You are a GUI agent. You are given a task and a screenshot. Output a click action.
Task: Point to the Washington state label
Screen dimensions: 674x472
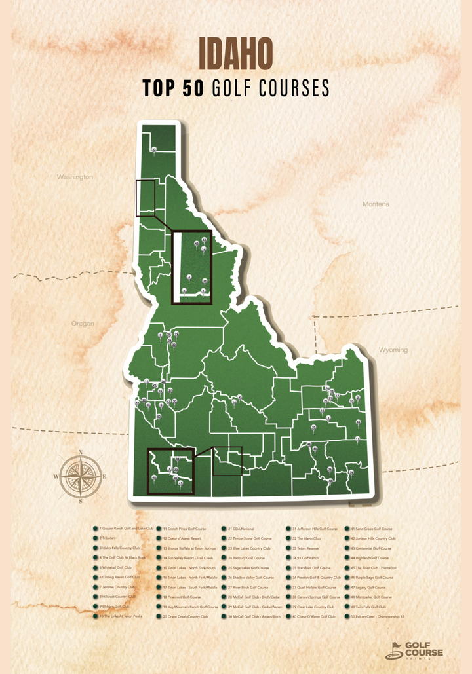pyautogui.click(x=75, y=177)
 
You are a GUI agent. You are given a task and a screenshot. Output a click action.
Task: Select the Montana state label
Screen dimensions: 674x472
pyautogui.click(x=376, y=204)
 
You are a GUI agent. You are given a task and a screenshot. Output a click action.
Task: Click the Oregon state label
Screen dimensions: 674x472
pyautogui.click(x=83, y=324)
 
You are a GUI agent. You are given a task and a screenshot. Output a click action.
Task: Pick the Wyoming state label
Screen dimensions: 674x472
pyautogui.click(x=393, y=350)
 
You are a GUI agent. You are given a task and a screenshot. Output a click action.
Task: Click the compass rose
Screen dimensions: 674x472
pyautogui.click(x=80, y=476)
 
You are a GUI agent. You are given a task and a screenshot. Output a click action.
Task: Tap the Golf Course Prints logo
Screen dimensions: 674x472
pyautogui.click(x=414, y=650)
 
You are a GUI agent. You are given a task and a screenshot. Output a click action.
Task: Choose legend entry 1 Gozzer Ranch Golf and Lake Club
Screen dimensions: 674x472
pyautogui.click(x=127, y=528)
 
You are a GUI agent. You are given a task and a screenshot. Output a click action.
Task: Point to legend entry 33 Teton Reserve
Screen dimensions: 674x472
pyautogui.click(x=305, y=548)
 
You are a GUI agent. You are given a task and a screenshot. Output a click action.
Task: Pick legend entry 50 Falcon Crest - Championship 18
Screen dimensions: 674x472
pyautogui.click(x=377, y=616)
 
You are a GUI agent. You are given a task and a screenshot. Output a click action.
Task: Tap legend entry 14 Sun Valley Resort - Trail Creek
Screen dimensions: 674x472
pyautogui.click(x=190, y=557)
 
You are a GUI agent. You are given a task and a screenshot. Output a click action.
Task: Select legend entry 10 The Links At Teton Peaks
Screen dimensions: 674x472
pyautogui.click(x=122, y=616)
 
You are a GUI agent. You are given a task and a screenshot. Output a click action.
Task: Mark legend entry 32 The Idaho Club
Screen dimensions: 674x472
pyautogui.click(x=306, y=538)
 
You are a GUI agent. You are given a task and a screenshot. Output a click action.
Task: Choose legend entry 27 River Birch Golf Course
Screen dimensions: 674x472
pyautogui.click(x=248, y=587)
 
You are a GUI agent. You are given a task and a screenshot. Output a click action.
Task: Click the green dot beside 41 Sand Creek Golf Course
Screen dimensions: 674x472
pyautogui.click(x=347, y=528)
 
